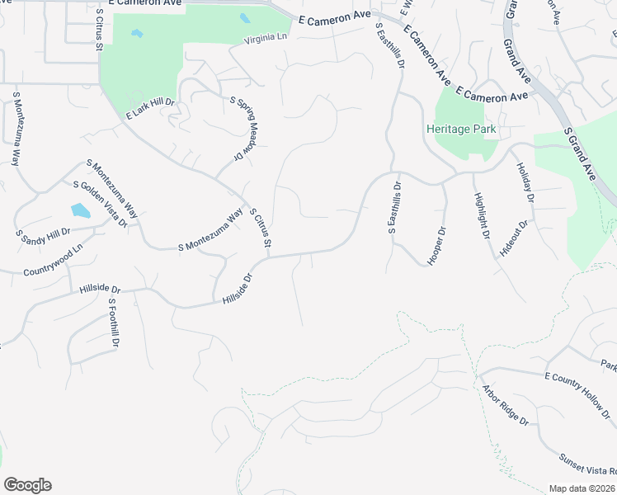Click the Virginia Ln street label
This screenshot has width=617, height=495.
pos(265,40)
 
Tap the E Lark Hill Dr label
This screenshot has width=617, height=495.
pos(151,108)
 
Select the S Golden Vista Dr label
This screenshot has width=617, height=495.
pos(100,205)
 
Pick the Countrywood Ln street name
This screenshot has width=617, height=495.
pos(54,261)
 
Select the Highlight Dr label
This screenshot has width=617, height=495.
pos(482,216)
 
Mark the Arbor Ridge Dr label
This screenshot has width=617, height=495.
pos(505,404)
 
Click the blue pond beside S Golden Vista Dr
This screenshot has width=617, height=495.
pos(80,210)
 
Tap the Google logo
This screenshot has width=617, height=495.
pos(27,485)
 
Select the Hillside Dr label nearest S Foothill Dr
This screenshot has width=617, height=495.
pos(101,290)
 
